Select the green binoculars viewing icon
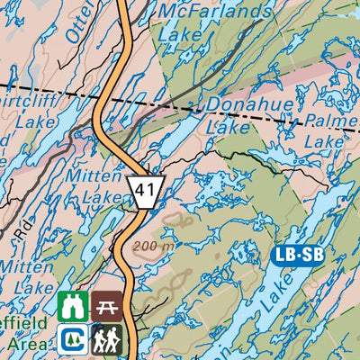(72, 306)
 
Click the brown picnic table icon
(106, 306)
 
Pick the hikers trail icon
(106, 339)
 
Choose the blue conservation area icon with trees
(72, 339)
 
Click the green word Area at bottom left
(22, 344)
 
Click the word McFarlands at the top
(213, 12)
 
